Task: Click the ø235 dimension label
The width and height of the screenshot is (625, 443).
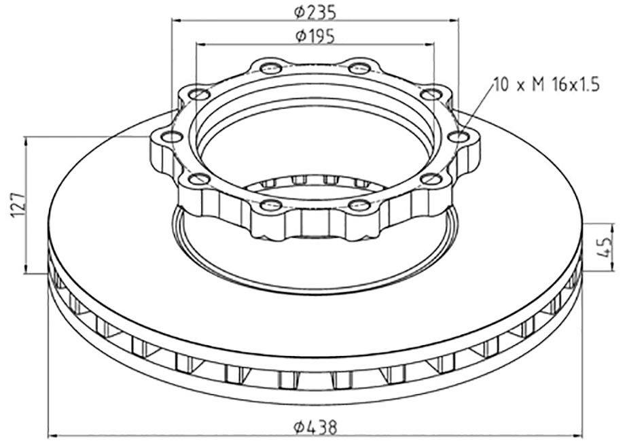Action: point(315,12)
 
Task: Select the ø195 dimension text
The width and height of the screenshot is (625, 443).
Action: point(315,36)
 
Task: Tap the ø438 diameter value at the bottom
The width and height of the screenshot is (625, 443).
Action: point(315,427)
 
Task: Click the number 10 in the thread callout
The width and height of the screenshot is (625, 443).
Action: point(501,85)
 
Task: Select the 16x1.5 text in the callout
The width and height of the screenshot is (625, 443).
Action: point(575,85)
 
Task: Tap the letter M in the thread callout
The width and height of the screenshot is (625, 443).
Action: point(538,85)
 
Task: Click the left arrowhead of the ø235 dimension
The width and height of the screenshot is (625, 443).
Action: point(175,20)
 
